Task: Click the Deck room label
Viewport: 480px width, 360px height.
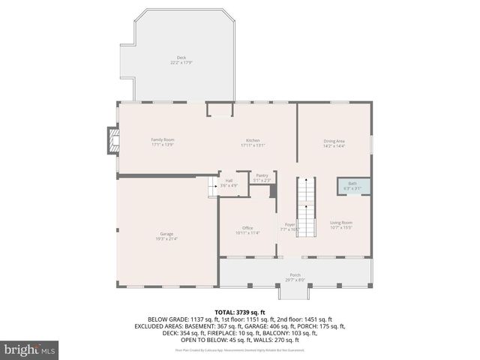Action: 181,58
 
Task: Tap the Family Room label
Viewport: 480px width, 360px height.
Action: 163,139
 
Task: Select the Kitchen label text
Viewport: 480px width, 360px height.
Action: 253,140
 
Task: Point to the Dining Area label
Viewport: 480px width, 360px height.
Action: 334,141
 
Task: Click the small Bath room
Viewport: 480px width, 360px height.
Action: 352,185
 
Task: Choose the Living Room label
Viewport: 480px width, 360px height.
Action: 341,223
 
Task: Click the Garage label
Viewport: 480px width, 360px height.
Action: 166,234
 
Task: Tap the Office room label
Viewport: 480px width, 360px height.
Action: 247,228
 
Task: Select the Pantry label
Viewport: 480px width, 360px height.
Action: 262,175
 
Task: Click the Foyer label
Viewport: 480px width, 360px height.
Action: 289,223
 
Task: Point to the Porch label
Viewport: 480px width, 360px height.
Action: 295,275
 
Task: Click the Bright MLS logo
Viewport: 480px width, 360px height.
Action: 30,349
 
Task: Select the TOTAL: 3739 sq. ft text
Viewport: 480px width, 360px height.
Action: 240,311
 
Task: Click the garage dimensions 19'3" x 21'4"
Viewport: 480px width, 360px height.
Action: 166,238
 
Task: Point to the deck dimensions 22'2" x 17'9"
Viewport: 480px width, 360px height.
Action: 181,62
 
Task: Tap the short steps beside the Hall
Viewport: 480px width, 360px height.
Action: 212,187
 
